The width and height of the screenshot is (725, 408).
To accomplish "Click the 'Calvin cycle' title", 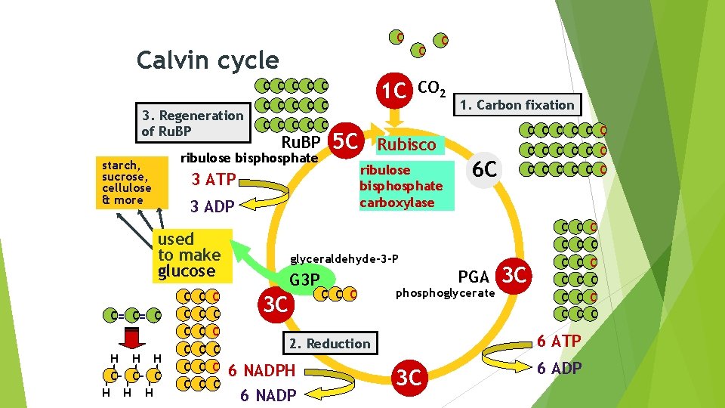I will [207, 60].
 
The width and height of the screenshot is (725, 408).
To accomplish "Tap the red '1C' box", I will [395, 91].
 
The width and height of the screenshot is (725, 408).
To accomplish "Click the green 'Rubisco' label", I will [407, 144].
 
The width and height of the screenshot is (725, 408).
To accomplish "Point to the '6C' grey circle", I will [484, 170].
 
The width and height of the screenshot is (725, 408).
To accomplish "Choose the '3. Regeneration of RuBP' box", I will [193, 123].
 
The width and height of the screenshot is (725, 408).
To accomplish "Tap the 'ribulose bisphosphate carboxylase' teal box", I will [406, 186].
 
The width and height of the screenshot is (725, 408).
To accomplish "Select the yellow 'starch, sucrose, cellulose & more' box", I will [127, 182].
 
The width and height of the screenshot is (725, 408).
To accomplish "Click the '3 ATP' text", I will [214, 180].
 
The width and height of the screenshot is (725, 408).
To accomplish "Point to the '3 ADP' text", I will [212, 206].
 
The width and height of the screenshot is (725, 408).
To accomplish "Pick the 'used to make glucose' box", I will [189, 255].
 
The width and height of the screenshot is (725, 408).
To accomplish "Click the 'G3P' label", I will [305, 280].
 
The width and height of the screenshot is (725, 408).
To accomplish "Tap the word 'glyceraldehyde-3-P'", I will [344, 258].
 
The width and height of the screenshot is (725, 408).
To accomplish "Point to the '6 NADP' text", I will [268, 395].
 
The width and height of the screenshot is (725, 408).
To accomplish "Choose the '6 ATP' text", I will [559, 342].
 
